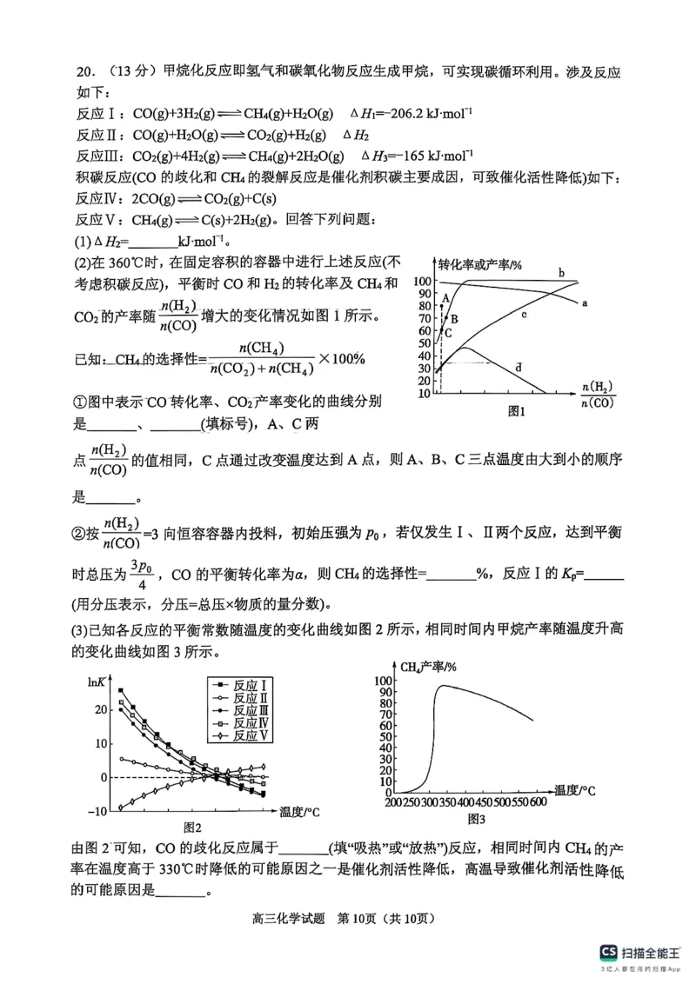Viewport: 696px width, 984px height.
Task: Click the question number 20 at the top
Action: click(x=83, y=73)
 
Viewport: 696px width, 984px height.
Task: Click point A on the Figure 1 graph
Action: click(x=445, y=298)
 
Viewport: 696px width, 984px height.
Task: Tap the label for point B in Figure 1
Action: click(x=453, y=319)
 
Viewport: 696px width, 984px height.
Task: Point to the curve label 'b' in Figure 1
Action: click(x=561, y=274)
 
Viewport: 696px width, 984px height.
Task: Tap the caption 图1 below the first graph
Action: click(x=518, y=412)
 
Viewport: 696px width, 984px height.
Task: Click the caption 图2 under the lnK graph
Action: click(x=192, y=828)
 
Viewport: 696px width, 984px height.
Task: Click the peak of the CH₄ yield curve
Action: click(x=443, y=686)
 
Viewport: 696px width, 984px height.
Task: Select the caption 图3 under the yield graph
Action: click(x=476, y=819)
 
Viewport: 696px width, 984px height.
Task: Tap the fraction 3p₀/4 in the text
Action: click(x=142, y=574)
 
